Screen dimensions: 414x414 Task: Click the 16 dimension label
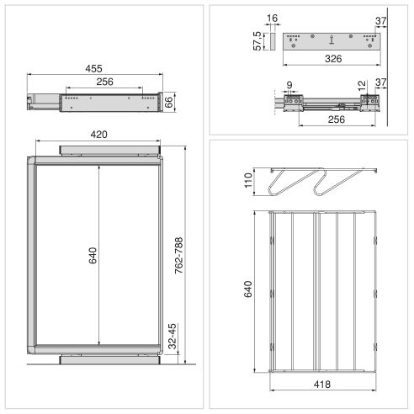tap(271, 18)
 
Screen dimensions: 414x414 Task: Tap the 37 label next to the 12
tap(380, 83)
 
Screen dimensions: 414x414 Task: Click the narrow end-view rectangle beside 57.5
tap(271, 40)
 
